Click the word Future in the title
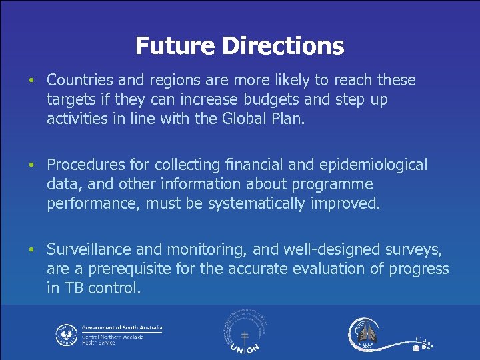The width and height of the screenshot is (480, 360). point(175,46)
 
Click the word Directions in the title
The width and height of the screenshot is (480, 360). point(283,46)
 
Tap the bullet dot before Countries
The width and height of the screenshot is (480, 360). point(31,81)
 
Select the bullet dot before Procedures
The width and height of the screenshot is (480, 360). point(31,165)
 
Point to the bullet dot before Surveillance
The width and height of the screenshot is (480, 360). point(31,249)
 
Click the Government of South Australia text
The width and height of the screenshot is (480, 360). point(122,328)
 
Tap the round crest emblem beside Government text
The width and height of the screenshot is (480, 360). point(66,334)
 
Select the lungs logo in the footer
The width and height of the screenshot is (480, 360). point(365,332)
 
